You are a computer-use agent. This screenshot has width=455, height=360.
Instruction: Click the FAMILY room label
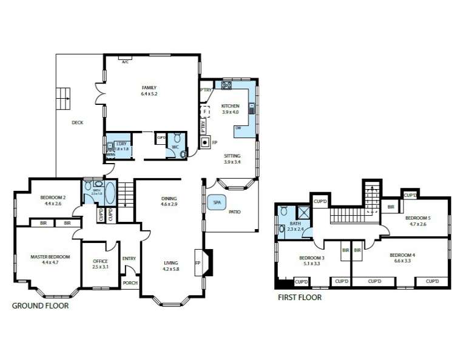point(149,87)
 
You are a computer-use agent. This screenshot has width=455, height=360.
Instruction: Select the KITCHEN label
point(231,106)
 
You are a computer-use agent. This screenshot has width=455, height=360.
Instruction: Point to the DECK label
point(77,122)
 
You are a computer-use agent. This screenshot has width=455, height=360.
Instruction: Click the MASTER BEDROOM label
point(50,257)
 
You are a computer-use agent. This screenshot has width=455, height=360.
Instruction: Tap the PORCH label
point(130,283)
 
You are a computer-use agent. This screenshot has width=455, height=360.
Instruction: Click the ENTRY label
point(129,259)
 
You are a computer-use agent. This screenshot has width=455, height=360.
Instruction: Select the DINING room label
point(169,198)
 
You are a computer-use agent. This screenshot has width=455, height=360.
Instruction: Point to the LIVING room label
point(170,263)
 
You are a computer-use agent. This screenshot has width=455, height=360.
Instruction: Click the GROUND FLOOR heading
point(41,306)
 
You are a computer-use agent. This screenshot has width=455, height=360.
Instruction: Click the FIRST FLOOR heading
point(300,298)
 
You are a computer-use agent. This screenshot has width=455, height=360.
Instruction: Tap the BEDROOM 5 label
point(418,218)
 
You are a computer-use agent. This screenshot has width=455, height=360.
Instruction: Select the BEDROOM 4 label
point(402,255)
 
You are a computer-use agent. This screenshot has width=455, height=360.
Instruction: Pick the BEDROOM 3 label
point(312,258)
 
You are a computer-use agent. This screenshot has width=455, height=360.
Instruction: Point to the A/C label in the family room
point(125,62)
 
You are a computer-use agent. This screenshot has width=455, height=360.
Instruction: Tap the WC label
point(175,147)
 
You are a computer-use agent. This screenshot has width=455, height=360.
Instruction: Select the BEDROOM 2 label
point(53,198)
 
